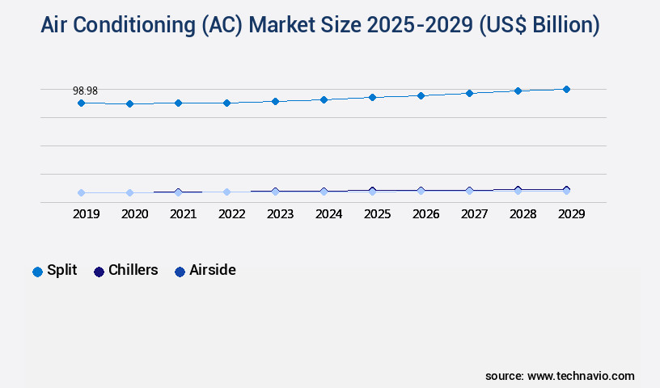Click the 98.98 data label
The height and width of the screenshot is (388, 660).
click(x=85, y=91)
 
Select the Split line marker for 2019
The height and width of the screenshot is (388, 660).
click(x=81, y=103)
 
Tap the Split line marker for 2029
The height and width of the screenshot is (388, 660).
click(x=566, y=89)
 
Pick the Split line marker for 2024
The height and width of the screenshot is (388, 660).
click(x=324, y=99)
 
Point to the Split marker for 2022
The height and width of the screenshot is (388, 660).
click(x=226, y=103)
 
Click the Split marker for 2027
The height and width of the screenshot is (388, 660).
click(x=469, y=93)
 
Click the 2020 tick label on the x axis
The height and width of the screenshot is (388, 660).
click(x=134, y=214)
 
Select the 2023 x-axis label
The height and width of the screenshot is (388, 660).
click(x=280, y=214)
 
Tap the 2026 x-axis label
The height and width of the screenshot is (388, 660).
click(x=425, y=214)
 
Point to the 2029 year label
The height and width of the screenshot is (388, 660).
click(x=571, y=214)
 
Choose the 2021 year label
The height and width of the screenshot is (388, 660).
click(x=183, y=214)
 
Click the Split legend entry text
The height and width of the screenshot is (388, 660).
click(x=62, y=270)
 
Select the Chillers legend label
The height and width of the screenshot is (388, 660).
click(x=133, y=270)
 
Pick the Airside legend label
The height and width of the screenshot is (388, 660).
click(x=213, y=270)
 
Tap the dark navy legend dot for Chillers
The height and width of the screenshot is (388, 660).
click(x=99, y=272)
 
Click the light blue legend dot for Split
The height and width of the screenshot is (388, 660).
click(x=37, y=272)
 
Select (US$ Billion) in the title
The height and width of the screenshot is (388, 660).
click(x=539, y=26)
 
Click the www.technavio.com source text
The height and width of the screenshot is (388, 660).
click(x=581, y=376)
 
